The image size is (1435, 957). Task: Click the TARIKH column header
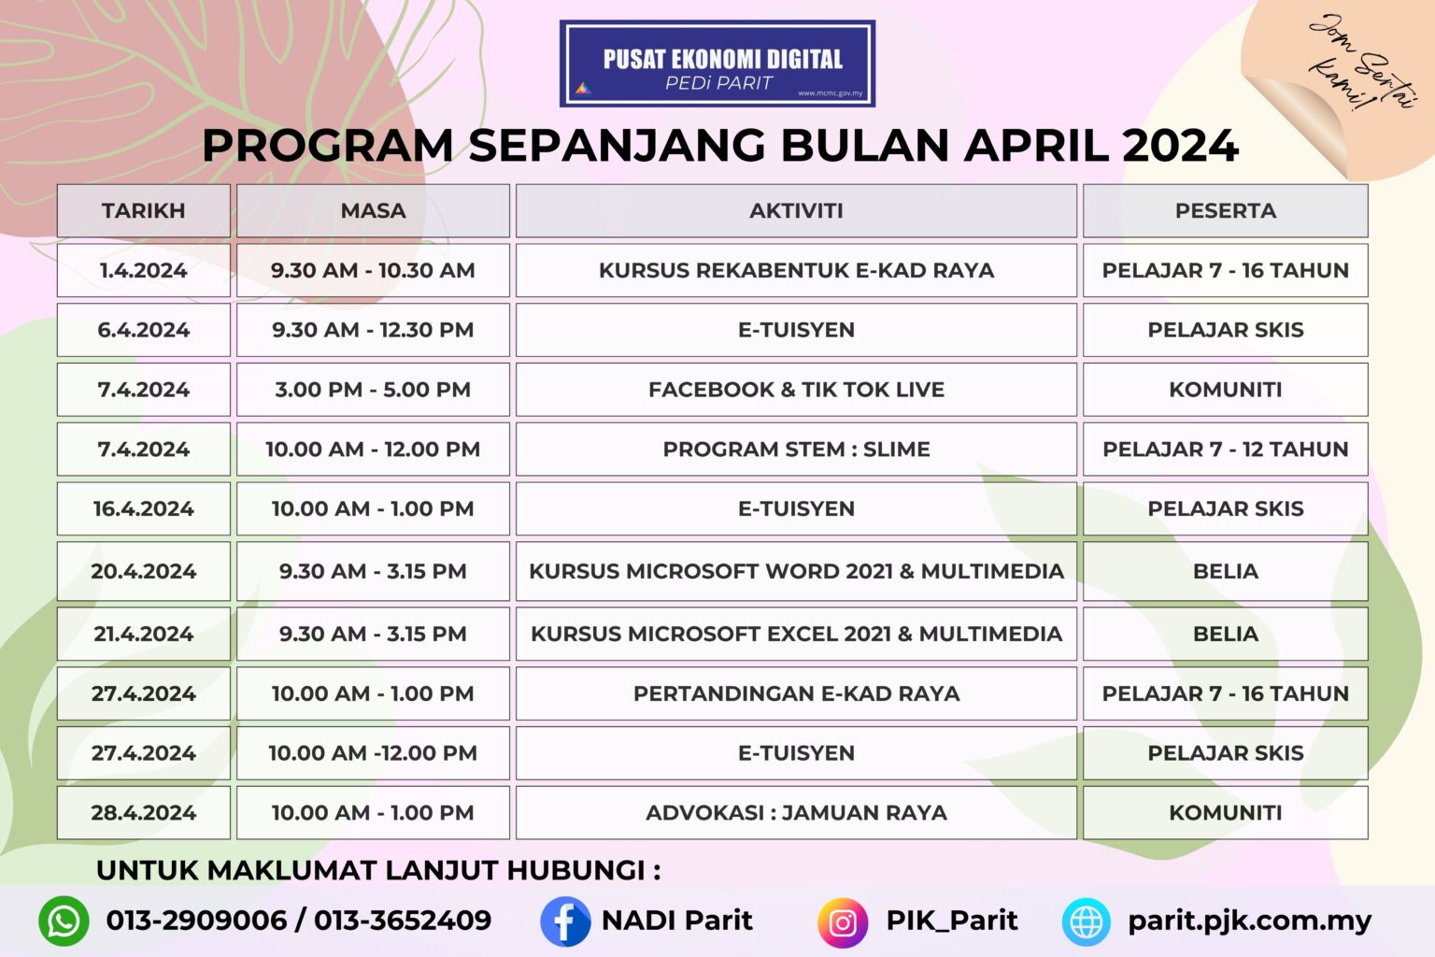point(143,210)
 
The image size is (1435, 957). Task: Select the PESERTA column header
point(1225,210)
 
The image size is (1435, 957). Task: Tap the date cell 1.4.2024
point(143,270)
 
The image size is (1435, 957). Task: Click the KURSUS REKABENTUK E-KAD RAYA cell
point(796,270)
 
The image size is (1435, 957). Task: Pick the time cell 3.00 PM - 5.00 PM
point(373,390)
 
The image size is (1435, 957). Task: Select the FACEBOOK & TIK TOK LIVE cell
point(796,390)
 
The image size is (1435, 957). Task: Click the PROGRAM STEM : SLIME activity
point(796,450)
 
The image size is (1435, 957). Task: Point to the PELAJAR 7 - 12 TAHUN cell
point(1225,450)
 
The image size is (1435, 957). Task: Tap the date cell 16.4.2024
point(143,509)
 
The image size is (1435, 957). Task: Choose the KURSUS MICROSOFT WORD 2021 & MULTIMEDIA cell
point(796,571)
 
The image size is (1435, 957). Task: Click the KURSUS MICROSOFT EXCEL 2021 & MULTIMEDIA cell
point(796,634)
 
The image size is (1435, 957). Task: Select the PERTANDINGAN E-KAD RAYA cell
point(796,693)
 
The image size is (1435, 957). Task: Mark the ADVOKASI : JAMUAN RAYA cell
point(796,813)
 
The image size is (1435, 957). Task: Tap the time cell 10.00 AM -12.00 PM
point(373,753)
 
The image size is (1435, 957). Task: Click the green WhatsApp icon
point(64,921)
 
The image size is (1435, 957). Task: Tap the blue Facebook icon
point(565,921)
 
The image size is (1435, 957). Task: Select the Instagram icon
point(843,922)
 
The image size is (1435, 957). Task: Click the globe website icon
point(1087,922)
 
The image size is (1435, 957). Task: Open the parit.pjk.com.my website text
point(1249,921)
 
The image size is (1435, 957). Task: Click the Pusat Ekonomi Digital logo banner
point(717,64)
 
